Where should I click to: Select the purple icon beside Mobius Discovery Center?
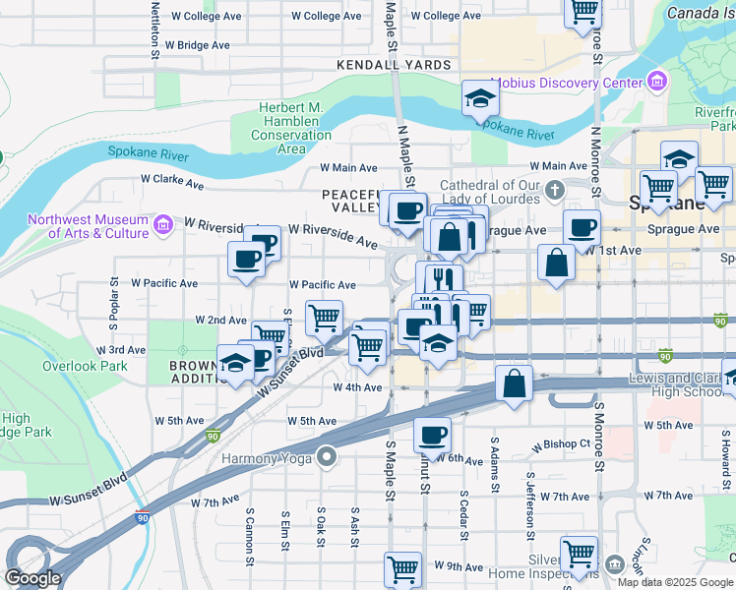pos(654,84)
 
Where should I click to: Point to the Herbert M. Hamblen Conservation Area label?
pos(292,128)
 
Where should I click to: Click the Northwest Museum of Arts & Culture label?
pos(89,226)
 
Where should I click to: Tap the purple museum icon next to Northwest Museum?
pos(162,226)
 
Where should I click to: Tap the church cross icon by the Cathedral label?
pos(555,189)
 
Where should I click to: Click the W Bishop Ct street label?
pos(560,444)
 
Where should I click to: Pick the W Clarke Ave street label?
pos(172,182)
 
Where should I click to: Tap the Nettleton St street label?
pos(154,29)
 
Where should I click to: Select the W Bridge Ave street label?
pos(197,45)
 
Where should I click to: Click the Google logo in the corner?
pos(32,578)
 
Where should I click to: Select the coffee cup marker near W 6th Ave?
pos(431,434)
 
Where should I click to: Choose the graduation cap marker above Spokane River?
pos(480,98)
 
